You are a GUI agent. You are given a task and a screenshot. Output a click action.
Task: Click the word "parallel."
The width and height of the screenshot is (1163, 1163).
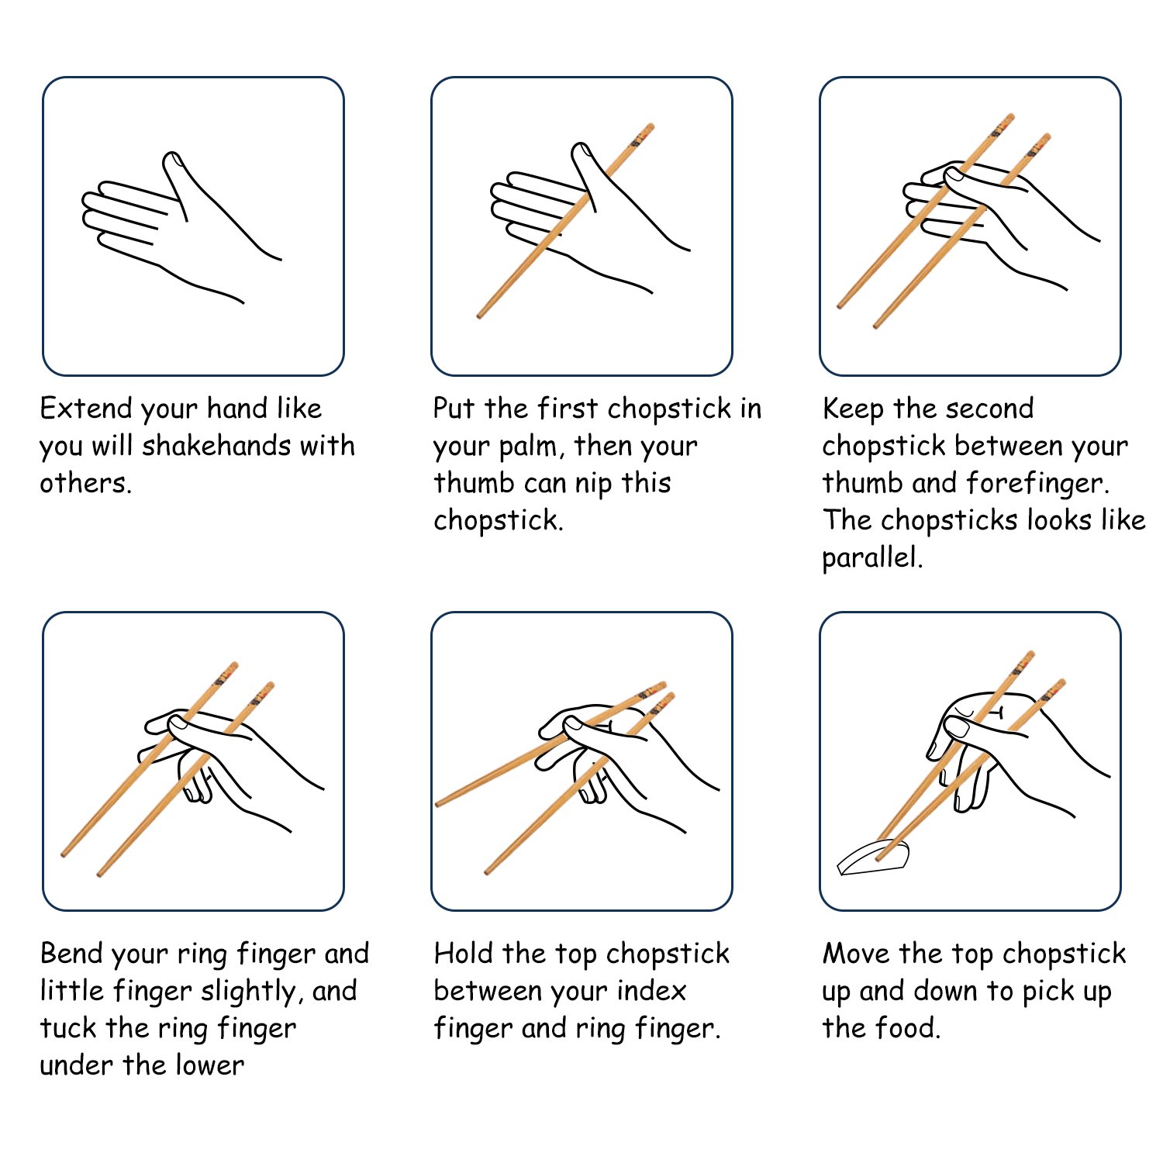point(872,557)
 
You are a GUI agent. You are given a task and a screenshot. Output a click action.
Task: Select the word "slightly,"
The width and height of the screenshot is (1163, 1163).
point(251,992)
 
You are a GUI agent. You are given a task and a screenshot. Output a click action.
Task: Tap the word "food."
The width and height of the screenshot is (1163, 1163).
point(907,1028)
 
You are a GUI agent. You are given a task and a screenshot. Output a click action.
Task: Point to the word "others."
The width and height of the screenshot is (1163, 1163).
point(85,483)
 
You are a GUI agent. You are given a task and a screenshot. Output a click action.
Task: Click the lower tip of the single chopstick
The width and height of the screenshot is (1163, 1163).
point(480,316)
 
